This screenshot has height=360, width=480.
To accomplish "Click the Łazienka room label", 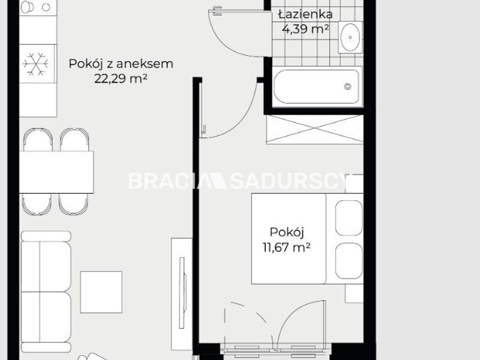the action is [305, 14].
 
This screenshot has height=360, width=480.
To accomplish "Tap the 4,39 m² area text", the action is [305, 29].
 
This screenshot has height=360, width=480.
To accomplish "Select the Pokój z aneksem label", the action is [121, 64].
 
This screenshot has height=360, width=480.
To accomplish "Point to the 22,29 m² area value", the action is [121, 79].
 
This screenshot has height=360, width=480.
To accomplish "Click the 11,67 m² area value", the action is [287, 247].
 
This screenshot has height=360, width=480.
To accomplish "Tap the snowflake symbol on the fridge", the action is [36, 64].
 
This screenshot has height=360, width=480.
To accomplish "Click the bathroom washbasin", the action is [350, 37].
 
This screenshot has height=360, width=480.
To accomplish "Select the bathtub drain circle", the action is [347, 86].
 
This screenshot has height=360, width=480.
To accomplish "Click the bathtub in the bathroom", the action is [317, 86].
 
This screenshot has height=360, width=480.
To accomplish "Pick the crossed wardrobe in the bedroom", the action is [314, 129].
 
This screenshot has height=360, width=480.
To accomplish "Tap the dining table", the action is [56, 172].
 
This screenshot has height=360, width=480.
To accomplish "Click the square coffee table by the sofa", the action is [101, 292].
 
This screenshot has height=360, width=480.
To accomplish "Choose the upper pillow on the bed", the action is [349, 218].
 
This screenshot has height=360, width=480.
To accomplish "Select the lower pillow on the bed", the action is [349, 261].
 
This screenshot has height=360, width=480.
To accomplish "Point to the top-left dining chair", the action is [38, 139].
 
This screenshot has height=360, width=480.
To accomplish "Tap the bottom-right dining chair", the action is [73, 204].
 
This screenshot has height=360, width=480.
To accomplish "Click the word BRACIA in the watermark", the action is [169, 181].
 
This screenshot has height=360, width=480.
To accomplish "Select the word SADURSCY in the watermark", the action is [289, 181].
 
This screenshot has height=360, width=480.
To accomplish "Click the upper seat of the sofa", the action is [46, 266].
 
